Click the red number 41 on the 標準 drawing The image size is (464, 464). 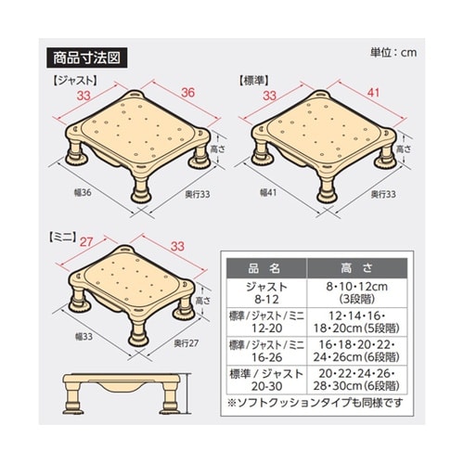(373, 94)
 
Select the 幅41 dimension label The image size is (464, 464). (267, 193)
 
